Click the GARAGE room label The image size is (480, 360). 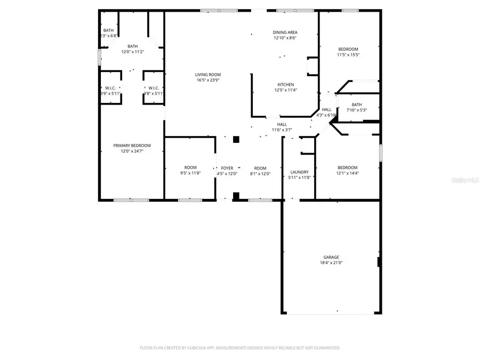point(331,257)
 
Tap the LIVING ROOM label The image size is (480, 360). point(207,75)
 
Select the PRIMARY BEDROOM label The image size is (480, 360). point(132,146)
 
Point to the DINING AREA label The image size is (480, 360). point(285,33)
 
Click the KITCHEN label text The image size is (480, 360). point(285,84)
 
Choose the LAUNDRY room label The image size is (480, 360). point(299,172)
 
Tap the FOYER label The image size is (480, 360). point(227,167)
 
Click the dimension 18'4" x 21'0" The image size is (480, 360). point(331,263)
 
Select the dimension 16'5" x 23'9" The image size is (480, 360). point(207,81)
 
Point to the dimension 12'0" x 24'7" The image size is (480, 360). point(132,151)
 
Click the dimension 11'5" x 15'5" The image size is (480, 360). point(348,55)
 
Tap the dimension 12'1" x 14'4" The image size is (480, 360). point(347,173)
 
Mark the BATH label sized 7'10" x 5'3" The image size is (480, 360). point(357,105)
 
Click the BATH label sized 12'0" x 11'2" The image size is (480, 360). point(132,46)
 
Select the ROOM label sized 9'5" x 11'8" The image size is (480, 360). point(190,167)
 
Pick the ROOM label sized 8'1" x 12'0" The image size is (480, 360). point(260,167)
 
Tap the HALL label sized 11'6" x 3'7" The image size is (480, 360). point(282,124)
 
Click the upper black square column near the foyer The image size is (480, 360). point(236,140)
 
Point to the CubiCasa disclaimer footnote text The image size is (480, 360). point(240,348)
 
